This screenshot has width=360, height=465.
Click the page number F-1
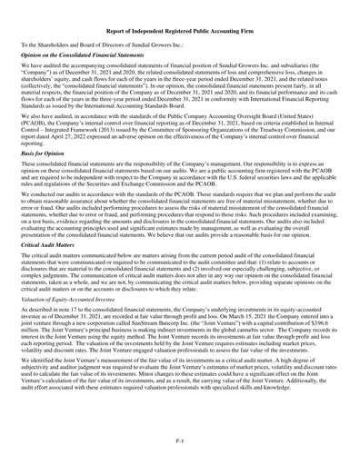(x=180, y=440)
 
